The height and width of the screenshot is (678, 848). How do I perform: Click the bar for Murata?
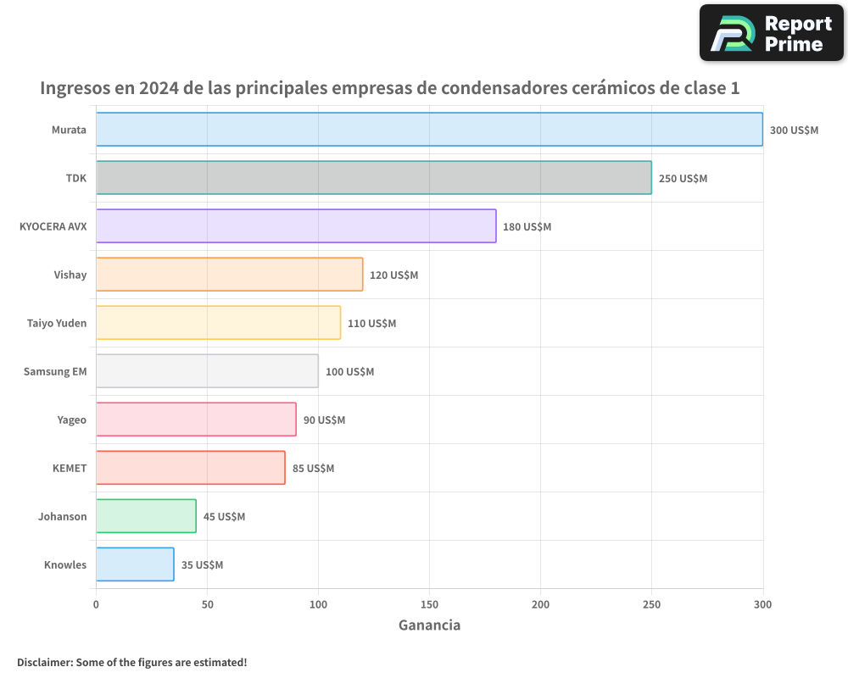coord(429,130)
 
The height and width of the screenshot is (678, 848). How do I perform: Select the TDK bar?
coord(373,178)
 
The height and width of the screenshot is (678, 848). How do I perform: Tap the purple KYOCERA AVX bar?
coord(296,226)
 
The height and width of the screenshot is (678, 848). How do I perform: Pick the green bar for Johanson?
coord(146,516)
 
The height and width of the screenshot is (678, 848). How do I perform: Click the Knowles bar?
coord(135,564)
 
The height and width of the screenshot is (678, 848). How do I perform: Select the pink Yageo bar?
coord(196,420)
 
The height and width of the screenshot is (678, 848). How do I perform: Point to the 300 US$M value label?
coord(794,131)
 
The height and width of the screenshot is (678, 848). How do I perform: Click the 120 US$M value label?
coord(393,275)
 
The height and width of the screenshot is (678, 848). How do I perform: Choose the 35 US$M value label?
coord(202,565)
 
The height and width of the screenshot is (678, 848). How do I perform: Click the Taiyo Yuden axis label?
coord(57,323)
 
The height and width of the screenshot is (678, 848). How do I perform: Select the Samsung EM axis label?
coord(55,371)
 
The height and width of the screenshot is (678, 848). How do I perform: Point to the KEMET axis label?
coord(70,468)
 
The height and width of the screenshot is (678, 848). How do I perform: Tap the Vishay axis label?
coord(70,275)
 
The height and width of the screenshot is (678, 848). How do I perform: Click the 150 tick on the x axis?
coord(429,604)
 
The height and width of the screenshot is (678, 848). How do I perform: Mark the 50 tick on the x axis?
coord(207,604)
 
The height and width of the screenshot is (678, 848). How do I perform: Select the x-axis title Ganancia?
coord(429,625)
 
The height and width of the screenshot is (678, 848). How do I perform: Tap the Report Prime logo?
coord(771,33)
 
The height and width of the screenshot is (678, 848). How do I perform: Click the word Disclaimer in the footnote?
coord(44,662)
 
